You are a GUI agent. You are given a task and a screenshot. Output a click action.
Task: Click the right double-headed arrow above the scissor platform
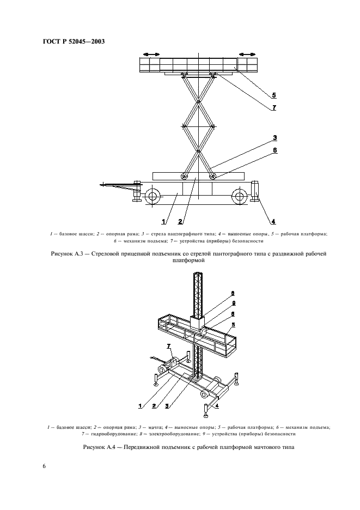[247, 54]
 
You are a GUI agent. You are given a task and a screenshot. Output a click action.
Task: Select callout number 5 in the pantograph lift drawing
[274, 95]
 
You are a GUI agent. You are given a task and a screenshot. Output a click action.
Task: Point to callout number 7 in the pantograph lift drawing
[274, 107]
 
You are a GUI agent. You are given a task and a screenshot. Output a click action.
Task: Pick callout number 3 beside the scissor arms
[276, 137]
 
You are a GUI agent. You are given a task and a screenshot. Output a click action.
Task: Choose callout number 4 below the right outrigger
[273, 221]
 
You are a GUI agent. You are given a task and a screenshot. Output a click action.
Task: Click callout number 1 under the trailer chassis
[163, 221]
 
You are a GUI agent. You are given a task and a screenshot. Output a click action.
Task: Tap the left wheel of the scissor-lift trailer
[152, 196]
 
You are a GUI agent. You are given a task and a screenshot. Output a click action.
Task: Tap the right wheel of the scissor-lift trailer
[240, 196]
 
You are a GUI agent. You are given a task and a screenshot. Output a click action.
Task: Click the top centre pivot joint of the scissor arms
[198, 102]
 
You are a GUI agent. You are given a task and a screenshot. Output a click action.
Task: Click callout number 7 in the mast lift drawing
[169, 346]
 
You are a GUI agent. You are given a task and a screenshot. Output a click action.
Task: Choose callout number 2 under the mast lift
[154, 405]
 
